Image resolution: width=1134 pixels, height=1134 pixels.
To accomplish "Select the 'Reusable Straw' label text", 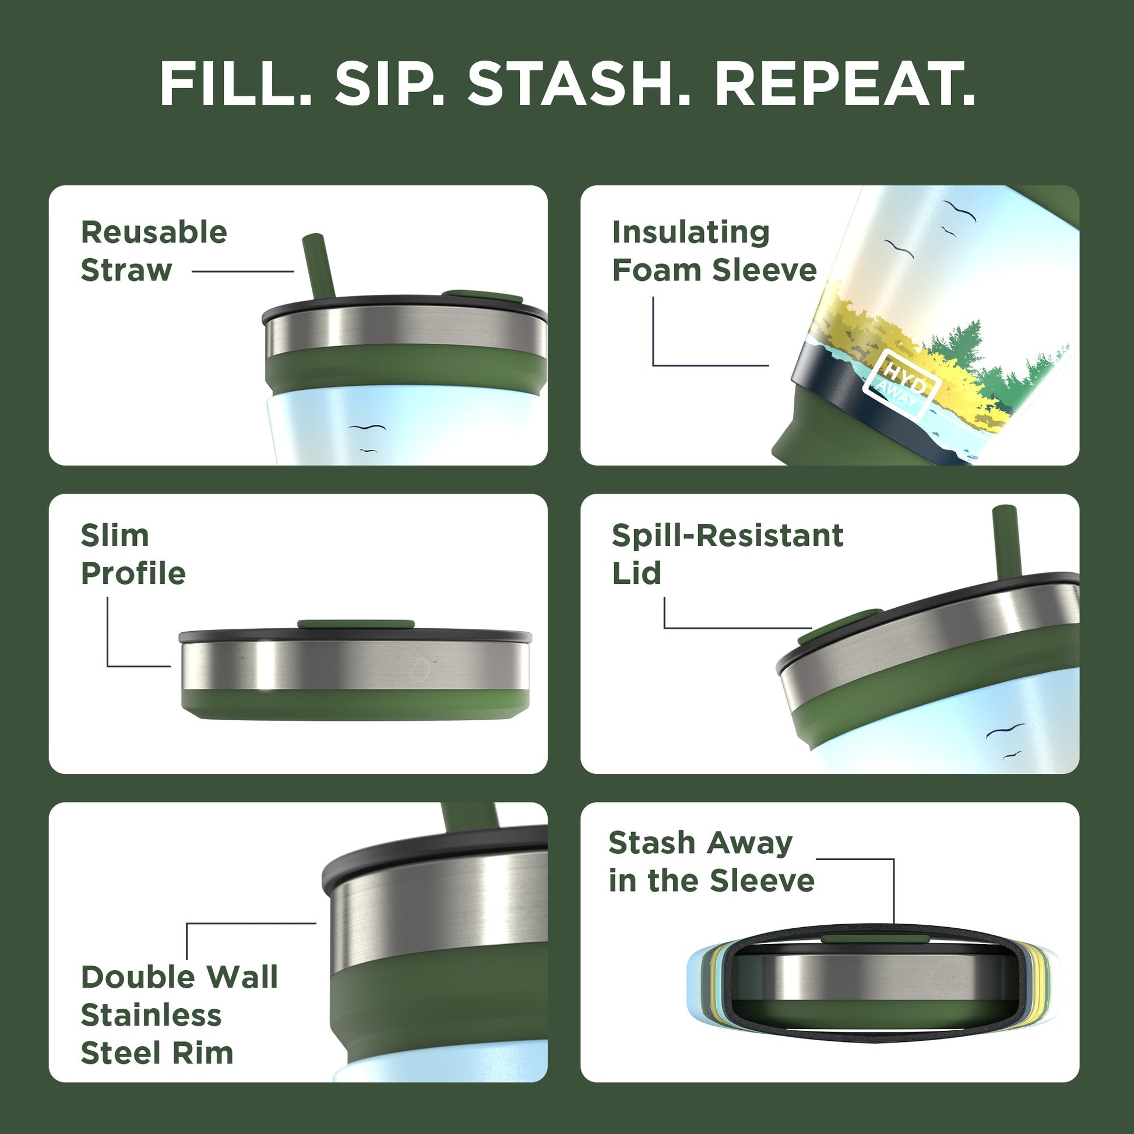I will click(154, 251).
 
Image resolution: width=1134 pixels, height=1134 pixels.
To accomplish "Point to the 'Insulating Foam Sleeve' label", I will click(714, 251).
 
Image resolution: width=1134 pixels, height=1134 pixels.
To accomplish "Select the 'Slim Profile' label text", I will click(133, 554).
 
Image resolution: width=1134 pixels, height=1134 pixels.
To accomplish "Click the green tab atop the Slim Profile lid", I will click(355, 624).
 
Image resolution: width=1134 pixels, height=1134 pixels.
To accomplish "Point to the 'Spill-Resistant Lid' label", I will click(727, 554).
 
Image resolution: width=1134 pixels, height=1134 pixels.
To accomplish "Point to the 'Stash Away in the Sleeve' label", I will click(712, 862).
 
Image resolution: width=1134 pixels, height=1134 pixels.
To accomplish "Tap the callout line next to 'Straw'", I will click(242, 271).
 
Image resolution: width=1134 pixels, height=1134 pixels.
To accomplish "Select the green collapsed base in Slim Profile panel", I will click(355, 705).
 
